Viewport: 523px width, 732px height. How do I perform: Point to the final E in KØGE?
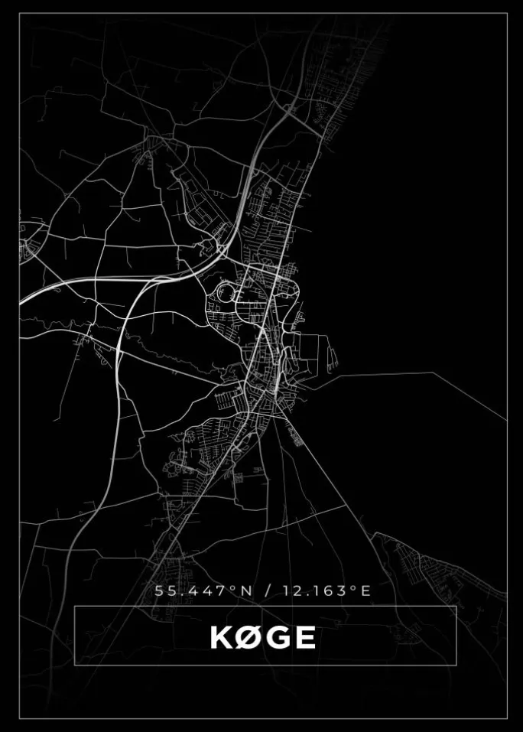304,637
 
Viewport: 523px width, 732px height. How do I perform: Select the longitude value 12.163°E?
326,590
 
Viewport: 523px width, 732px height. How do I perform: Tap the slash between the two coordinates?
267,590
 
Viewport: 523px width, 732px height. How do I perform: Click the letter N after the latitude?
247,590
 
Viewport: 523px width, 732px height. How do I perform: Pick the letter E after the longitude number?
365,590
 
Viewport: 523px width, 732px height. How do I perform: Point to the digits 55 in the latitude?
163,590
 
